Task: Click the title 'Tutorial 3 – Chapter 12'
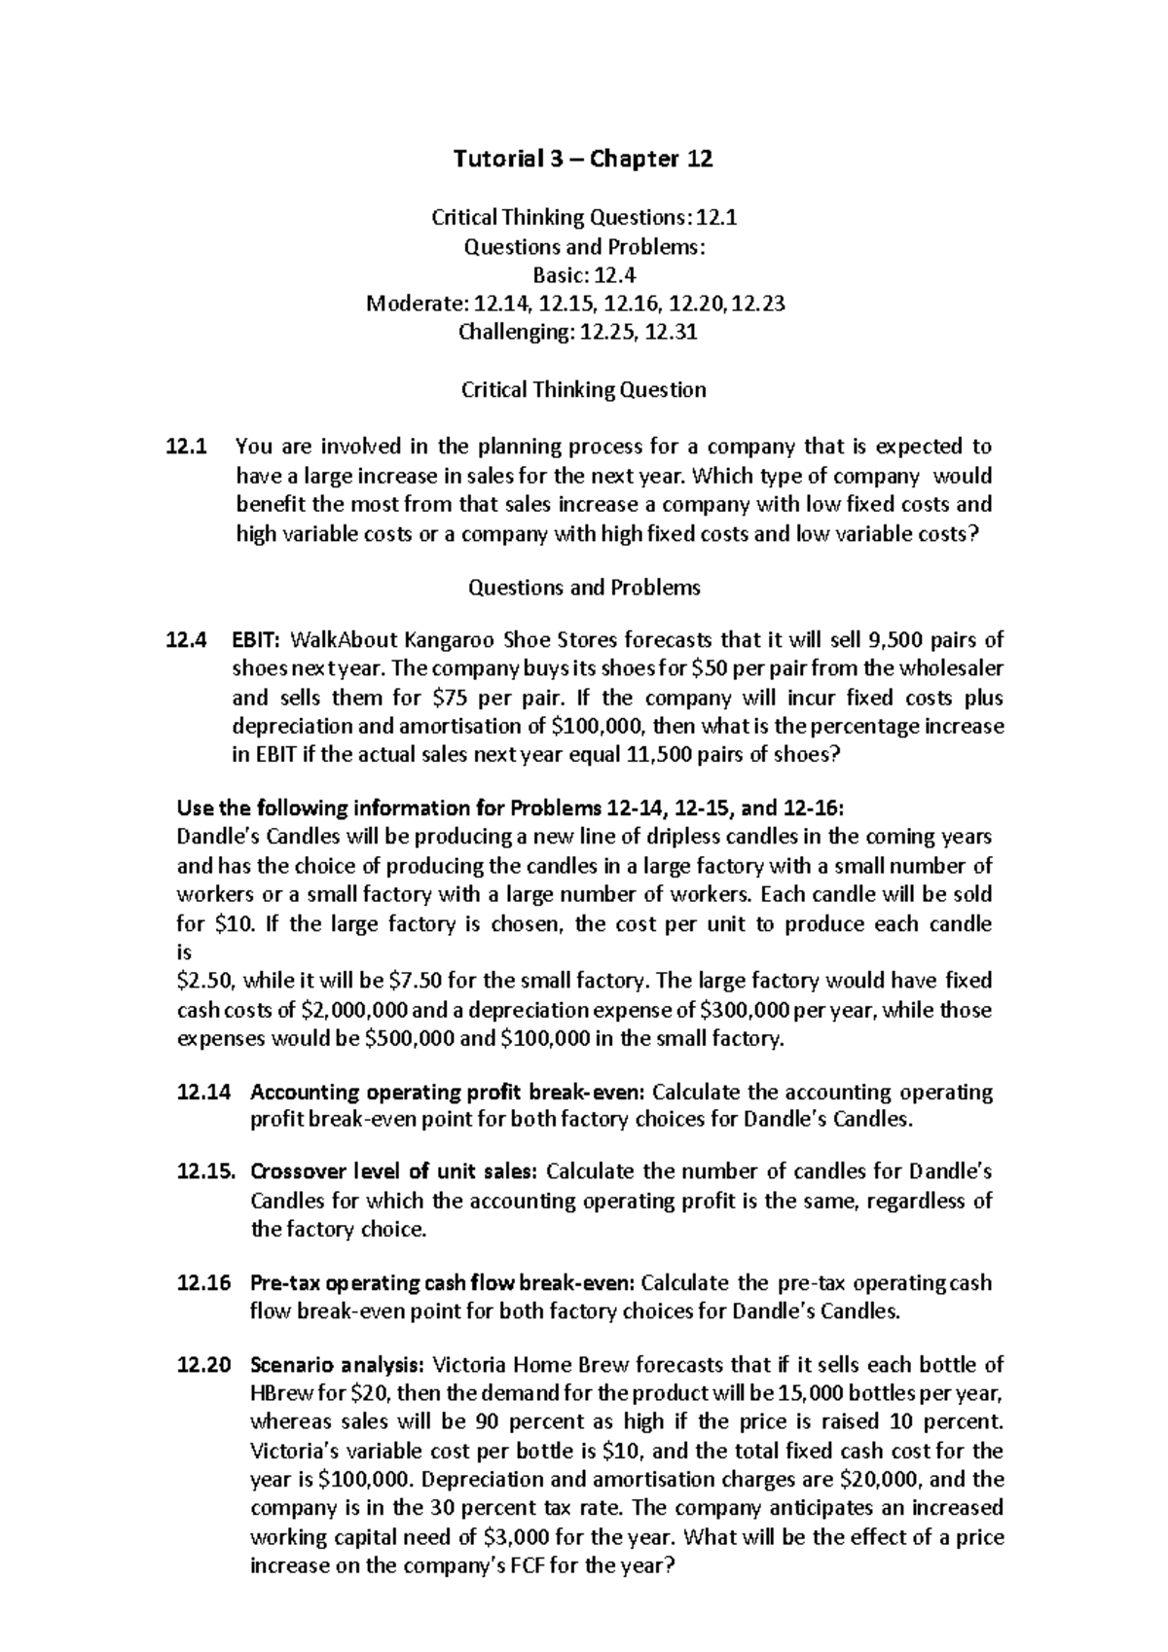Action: pos(584,159)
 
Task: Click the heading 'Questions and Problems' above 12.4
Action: pos(584,588)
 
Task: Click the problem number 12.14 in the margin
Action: pos(204,1092)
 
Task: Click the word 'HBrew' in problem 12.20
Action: pos(280,1393)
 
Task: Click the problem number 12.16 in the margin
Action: pos(204,1283)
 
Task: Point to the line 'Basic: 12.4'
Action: pos(584,275)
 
